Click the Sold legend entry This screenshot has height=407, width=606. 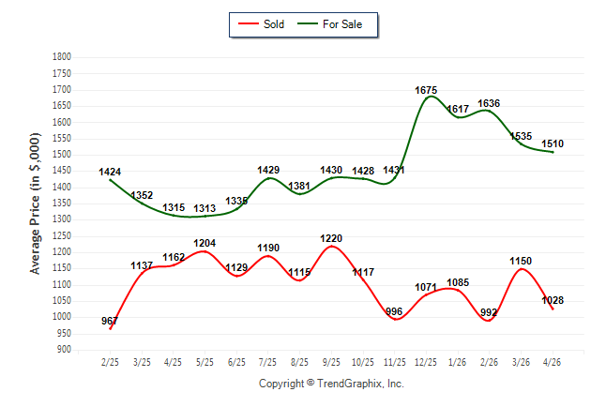tap(262, 24)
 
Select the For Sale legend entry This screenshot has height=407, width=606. tap(329, 24)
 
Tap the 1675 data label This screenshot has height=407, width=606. tap(426, 90)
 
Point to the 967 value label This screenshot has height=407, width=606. tap(110, 321)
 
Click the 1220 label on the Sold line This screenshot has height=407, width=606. tap(331, 238)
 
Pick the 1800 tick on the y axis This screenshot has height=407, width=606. tap(62, 57)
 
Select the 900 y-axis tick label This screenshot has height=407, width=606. tap(64, 350)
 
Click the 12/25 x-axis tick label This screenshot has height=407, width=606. tap(426, 362)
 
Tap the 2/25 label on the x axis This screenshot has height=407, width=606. tap(110, 362)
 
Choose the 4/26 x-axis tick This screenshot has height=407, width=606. tap(552, 362)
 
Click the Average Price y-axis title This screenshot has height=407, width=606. tap(35, 203)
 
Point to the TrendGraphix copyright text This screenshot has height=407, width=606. tap(331, 384)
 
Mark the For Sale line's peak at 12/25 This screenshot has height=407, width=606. tap(431, 96)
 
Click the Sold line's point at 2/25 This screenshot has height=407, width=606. tap(111, 328)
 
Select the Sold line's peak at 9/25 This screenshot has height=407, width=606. tap(331, 247)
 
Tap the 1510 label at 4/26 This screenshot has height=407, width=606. tap(553, 143)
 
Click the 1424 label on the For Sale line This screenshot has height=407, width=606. tap(110, 172)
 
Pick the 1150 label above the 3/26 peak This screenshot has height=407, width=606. tap(521, 262)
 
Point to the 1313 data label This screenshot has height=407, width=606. tap(205, 209)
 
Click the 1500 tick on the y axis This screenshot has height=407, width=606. tap(62, 155)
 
